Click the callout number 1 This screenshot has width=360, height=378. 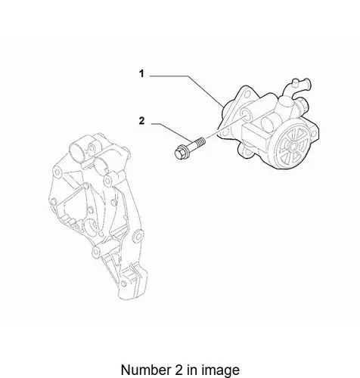141,74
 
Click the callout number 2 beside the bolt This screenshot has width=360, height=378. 142,121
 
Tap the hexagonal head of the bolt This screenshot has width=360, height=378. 179,153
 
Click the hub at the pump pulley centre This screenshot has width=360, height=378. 293,146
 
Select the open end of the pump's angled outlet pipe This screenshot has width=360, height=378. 308,84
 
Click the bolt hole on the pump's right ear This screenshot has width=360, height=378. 315,135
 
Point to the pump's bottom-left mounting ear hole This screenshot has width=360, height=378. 245,151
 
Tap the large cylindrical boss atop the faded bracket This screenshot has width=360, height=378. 77,152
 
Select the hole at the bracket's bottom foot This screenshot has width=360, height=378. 123,283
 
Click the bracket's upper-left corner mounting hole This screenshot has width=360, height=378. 57,172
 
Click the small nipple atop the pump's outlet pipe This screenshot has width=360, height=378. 295,82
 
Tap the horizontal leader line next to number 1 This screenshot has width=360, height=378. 169,76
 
